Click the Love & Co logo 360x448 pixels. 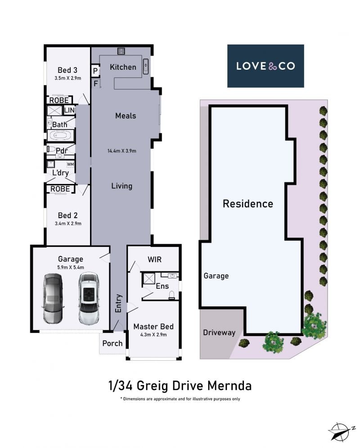[x=265, y=66]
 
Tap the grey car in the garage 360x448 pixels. [x=53, y=299]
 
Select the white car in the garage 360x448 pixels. [x=89, y=299]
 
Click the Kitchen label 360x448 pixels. [x=123, y=67]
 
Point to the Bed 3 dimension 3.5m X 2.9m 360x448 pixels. [x=68, y=78]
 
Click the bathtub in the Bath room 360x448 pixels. [x=60, y=135]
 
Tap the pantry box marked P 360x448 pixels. [x=95, y=71]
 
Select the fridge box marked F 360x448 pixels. [x=95, y=83]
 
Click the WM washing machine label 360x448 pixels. [x=70, y=164]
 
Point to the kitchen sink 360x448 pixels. [x=145, y=66]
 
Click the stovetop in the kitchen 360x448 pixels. [x=121, y=51]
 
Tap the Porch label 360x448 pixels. [x=112, y=344]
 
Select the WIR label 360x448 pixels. [x=154, y=260]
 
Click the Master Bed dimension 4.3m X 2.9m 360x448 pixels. [x=153, y=335]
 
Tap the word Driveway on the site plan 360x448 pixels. [x=219, y=332]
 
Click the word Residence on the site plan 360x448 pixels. [x=248, y=204]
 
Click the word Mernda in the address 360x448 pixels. [x=229, y=386]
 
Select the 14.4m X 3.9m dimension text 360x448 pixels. [x=122, y=151]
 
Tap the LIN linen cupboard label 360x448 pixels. [x=69, y=110]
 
